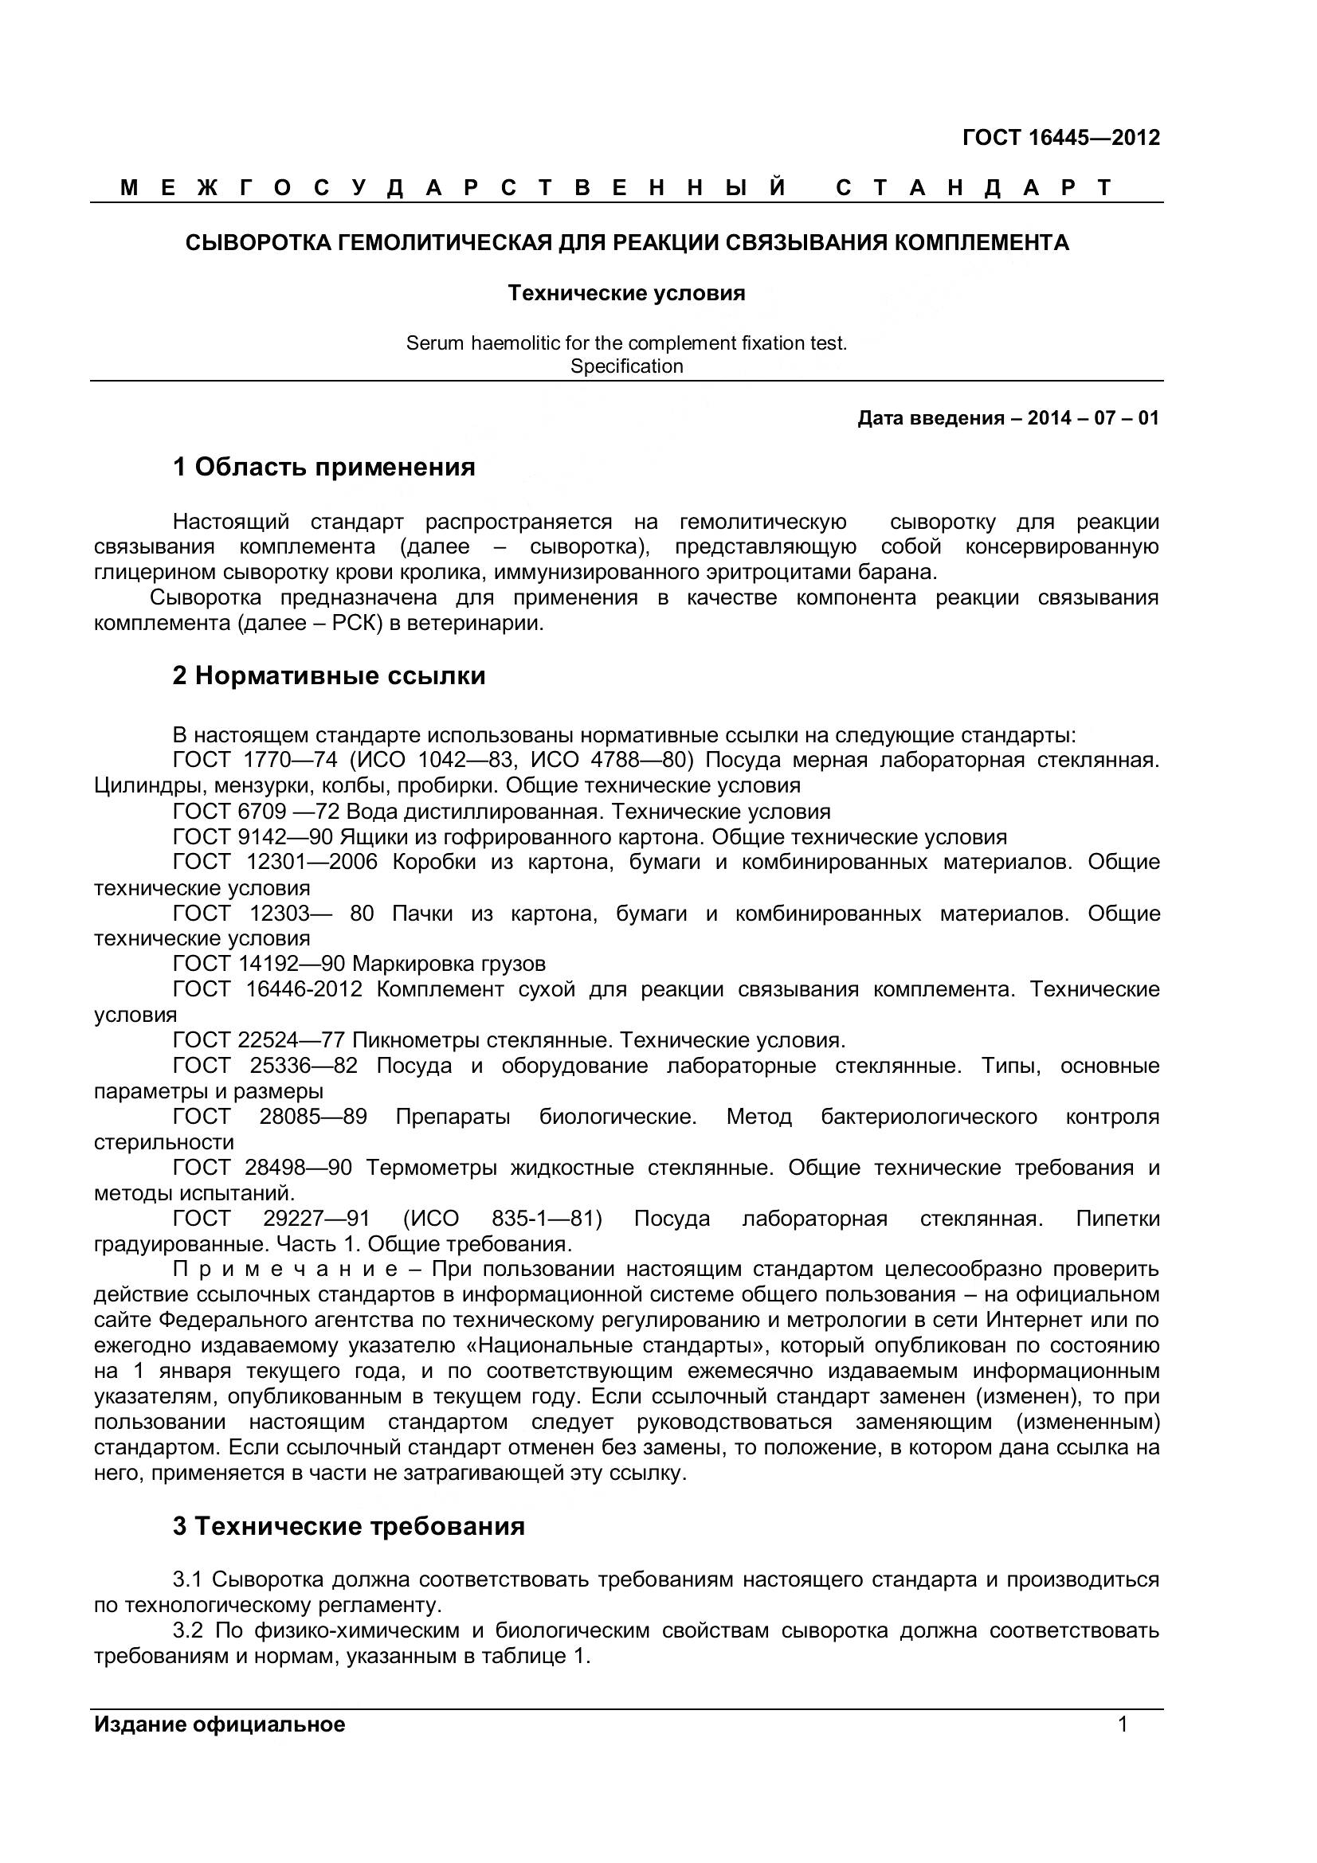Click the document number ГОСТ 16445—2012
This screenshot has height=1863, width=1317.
tap(1060, 138)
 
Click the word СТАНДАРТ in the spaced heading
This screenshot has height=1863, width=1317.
tap(974, 188)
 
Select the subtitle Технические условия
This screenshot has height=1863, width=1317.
tap(625, 293)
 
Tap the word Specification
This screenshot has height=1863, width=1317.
tap(626, 366)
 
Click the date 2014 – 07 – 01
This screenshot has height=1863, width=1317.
tap(1093, 419)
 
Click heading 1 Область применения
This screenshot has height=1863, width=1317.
tap(323, 468)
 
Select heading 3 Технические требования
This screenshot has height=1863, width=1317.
tap(349, 1526)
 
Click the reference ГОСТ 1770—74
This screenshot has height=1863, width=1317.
tap(255, 761)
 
